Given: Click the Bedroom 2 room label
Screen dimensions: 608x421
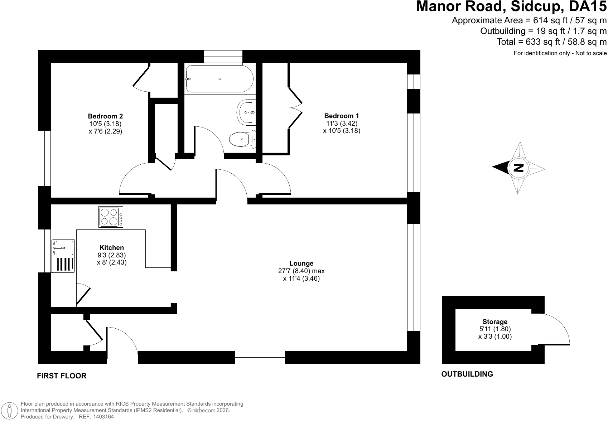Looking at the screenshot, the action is click(x=105, y=116).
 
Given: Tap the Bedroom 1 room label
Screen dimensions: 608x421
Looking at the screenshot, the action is click(x=342, y=116).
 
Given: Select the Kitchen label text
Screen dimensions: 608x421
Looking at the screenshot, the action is click(x=112, y=247).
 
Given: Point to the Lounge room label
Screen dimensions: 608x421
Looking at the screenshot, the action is click(x=301, y=263).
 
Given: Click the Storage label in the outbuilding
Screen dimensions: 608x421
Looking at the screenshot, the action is click(x=495, y=321).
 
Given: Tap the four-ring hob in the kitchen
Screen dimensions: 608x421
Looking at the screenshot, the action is click(x=111, y=217).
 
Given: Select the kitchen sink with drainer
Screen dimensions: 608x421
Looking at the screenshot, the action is click(x=63, y=256).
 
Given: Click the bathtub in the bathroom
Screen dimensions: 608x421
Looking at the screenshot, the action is click(x=219, y=79).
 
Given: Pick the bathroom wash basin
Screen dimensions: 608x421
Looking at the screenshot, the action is click(x=246, y=112).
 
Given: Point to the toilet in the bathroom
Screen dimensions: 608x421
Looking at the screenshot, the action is click(x=242, y=139).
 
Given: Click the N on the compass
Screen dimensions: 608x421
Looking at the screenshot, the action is click(x=518, y=168).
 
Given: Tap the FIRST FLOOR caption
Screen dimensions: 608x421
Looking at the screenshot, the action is click(x=62, y=376).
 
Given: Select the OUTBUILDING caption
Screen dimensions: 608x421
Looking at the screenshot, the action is click(x=467, y=374).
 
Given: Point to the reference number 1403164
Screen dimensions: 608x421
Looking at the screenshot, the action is click(x=103, y=417).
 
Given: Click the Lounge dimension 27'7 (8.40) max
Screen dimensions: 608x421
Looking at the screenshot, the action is click(x=301, y=271).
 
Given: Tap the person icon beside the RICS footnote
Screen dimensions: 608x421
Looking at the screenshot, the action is click(x=10, y=410).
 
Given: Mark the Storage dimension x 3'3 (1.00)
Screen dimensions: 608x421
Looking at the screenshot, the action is click(x=495, y=337).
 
